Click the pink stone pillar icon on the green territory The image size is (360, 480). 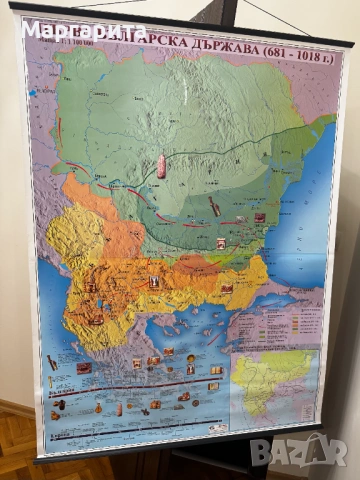pos(161,166)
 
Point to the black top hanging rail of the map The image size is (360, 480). pos(180,23)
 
